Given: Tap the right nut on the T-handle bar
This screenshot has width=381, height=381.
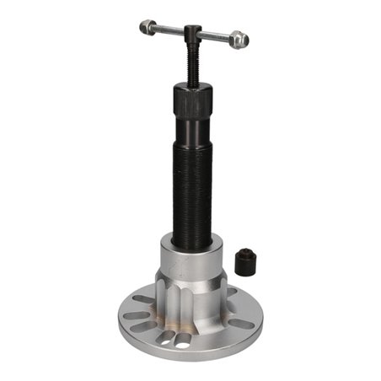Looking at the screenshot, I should (x=239, y=38).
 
